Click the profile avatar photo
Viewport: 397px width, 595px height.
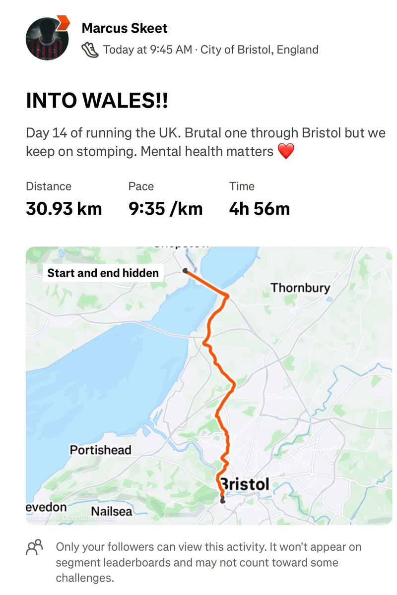tap(47, 39)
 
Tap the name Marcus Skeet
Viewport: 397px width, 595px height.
tap(125, 28)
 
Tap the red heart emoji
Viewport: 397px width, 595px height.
tap(286, 151)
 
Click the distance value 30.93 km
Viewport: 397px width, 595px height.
tap(64, 209)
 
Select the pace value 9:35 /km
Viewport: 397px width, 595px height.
tap(165, 209)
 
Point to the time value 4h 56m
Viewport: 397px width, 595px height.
tap(259, 209)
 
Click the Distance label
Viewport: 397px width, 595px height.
tap(49, 186)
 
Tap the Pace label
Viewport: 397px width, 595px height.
tap(141, 186)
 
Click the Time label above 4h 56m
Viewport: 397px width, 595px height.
tap(242, 186)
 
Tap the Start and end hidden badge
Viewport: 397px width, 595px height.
tap(103, 273)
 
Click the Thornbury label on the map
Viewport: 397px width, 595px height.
tap(300, 288)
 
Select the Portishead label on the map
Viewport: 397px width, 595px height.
tap(100, 450)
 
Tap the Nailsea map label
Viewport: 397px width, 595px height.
tap(111, 511)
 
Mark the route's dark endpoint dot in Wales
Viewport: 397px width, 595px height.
tap(185, 271)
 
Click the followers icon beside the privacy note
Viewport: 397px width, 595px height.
tap(35, 547)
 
